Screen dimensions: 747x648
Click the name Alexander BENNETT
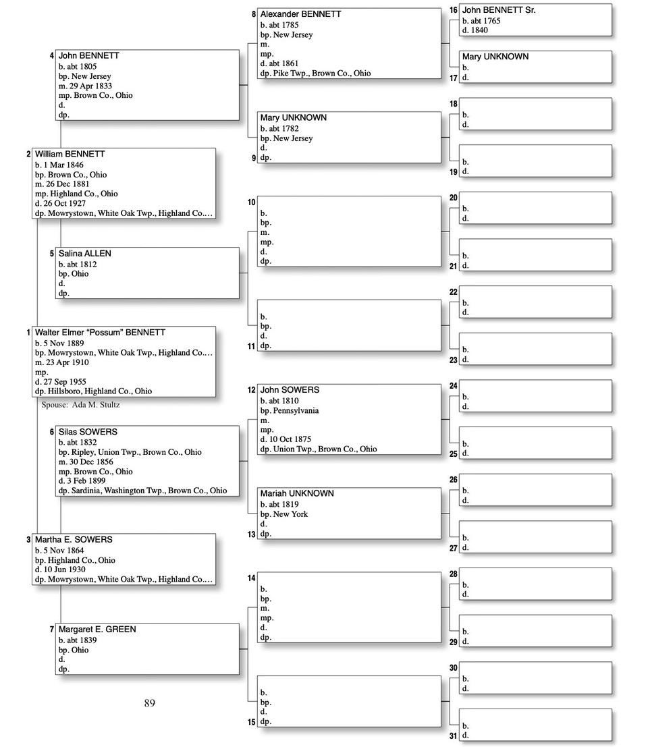[300, 14]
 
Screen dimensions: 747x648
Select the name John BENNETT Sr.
[499, 10]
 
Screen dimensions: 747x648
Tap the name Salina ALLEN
[85, 254]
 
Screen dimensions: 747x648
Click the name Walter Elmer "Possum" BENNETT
[100, 333]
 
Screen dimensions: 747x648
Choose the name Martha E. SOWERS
[74, 540]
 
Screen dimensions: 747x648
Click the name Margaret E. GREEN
[97, 630]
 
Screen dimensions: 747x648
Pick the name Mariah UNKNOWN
[297, 493]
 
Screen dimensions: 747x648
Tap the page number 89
[149, 703]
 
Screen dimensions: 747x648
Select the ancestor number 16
[453, 10]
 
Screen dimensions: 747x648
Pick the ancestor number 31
[454, 736]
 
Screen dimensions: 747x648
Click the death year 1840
[480, 30]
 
